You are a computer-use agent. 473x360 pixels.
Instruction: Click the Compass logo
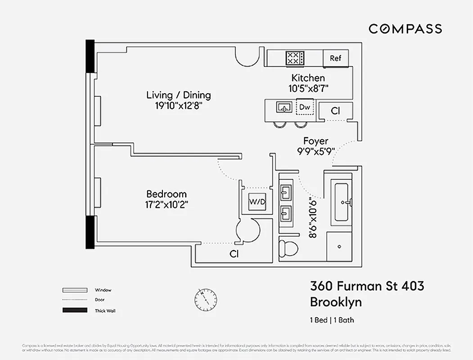coord(405,29)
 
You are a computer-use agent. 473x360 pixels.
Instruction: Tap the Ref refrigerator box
coord(336,58)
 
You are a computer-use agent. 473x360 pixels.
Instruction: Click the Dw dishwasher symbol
coord(305,108)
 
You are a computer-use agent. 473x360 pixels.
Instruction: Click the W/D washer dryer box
coord(257,202)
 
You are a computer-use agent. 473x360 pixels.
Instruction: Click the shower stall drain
coord(339,247)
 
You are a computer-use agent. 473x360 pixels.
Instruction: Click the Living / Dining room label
coord(179,95)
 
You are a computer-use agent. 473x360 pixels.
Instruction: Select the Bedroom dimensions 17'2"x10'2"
coord(167,204)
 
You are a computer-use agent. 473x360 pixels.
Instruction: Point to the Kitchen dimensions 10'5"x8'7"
coord(308,89)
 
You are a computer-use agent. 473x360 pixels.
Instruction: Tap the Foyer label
coord(315,141)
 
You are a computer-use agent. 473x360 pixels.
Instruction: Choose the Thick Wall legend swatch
coord(74,310)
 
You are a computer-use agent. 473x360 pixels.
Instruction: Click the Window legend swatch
coord(74,290)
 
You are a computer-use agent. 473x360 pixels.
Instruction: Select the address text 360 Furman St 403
coord(367,286)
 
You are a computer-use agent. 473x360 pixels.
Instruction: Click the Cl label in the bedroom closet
coord(234,254)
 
